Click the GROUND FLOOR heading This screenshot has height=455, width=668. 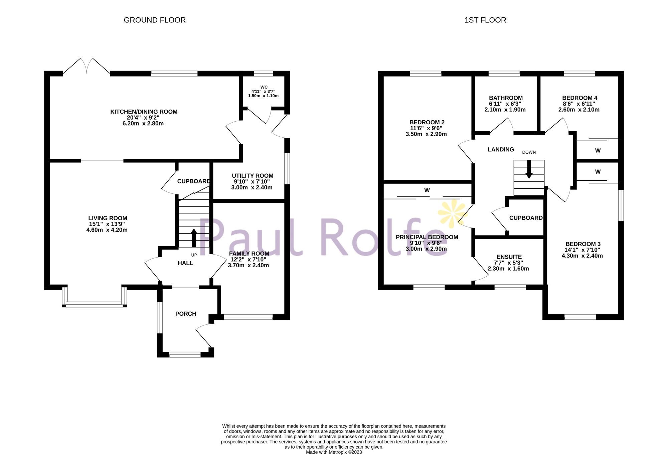(x=155, y=20)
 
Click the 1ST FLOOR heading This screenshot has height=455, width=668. (x=485, y=20)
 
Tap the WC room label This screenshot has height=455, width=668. (x=264, y=87)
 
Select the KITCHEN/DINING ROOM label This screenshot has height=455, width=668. (x=144, y=112)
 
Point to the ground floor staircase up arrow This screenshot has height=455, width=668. (x=194, y=238)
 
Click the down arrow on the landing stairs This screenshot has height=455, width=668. (x=529, y=170)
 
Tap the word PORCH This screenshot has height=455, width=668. (x=186, y=314)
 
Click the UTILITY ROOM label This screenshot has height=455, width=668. (x=253, y=176)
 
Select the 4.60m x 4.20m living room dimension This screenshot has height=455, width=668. (x=107, y=230)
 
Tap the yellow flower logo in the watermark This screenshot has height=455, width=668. (x=453, y=212)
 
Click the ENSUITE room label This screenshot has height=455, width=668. (x=509, y=257)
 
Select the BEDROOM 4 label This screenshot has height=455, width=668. (x=579, y=98)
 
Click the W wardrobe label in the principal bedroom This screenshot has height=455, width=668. (x=427, y=190)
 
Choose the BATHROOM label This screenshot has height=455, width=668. (x=506, y=98)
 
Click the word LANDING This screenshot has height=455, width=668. (x=501, y=150)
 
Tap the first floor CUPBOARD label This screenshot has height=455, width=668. (x=526, y=218)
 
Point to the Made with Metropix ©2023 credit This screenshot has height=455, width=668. (x=334, y=452)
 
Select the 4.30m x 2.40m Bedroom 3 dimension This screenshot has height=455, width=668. (x=582, y=256)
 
